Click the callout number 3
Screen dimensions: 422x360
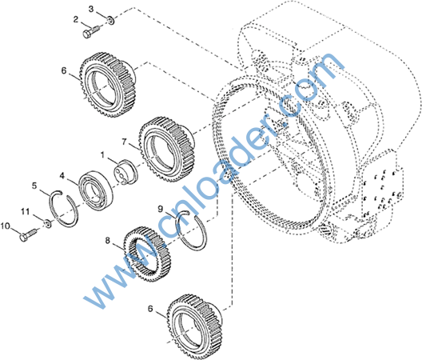coord(91,9)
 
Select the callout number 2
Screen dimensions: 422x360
coord(76,19)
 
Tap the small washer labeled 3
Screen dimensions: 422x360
coord(110,20)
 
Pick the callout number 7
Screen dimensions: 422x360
coord(124,142)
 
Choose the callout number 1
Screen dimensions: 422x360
coord(102,155)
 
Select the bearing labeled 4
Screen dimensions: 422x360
coord(96,190)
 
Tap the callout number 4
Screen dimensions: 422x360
coord(62,176)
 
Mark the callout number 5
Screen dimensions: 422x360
coord(34,186)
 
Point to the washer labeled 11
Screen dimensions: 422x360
coord(48,223)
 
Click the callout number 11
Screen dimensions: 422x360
coord(25,211)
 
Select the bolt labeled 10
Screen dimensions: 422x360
coord(28,234)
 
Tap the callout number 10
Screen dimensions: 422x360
coord(6,226)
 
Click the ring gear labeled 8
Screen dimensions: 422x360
coord(148,254)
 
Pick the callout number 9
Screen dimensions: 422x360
coord(161,209)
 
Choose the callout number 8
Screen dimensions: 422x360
coord(108,240)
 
